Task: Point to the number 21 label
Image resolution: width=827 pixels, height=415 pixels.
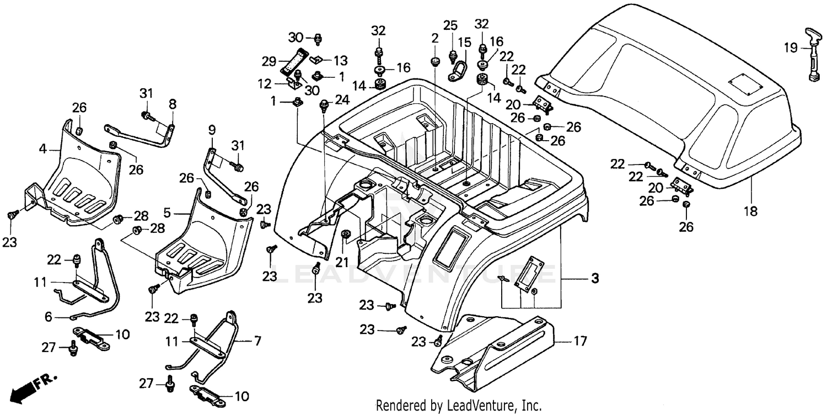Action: click(342, 262)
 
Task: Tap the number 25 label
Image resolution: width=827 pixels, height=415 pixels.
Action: click(450, 25)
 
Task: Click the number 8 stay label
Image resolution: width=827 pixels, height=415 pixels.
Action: click(173, 103)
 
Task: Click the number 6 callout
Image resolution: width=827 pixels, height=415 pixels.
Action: click(48, 317)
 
